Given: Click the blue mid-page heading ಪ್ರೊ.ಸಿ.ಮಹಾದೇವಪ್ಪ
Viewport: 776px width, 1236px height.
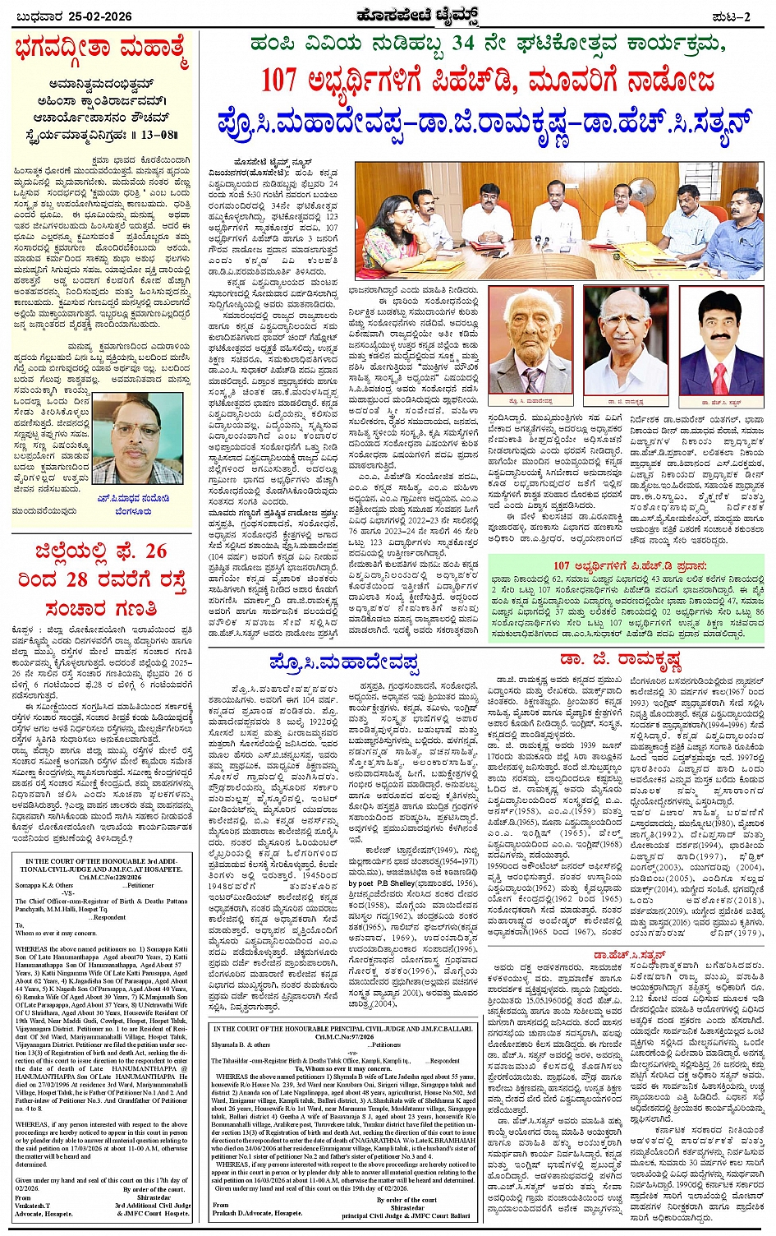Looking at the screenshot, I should click(342, 662).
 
